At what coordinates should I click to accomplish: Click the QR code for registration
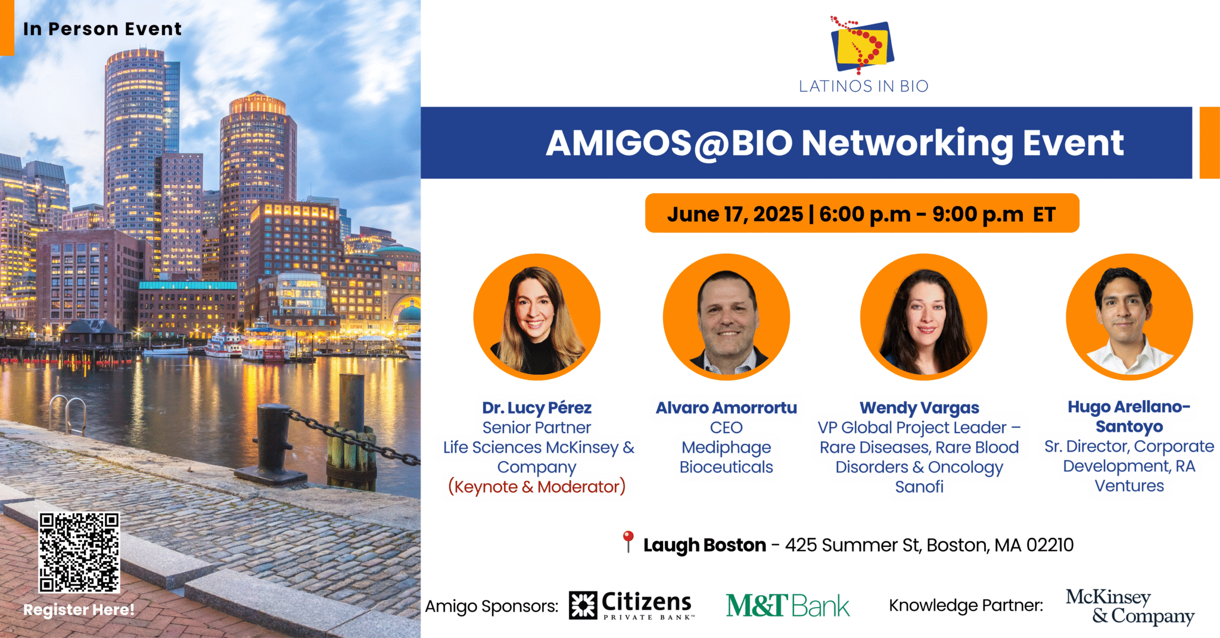coord(79,552)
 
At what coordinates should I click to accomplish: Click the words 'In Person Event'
coord(102,29)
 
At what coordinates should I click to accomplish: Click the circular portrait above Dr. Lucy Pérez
coord(537,317)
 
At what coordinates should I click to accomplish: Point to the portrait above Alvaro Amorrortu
coord(726,317)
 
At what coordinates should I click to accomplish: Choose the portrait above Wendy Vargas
coord(923,317)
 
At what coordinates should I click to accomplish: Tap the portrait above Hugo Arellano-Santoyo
coord(1129,317)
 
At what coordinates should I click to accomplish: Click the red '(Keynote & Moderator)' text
coord(537,487)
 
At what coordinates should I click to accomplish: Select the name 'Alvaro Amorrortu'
coord(726,407)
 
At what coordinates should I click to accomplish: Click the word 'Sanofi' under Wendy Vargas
coord(919,487)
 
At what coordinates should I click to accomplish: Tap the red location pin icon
coord(627,541)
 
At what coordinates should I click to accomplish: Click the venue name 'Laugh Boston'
coord(704,545)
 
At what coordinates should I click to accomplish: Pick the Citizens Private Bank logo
coord(631,605)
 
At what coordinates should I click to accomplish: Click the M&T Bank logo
coord(788,605)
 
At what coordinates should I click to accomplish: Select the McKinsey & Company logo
coord(1129,606)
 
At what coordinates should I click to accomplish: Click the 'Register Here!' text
coord(79,609)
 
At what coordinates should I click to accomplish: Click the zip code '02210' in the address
coord(1050,545)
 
